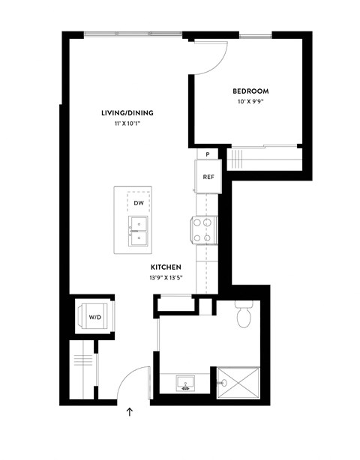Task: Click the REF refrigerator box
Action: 208,178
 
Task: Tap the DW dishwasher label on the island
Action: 139,203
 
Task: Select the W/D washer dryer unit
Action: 95,318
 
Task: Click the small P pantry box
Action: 208,154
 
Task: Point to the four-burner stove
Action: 205,230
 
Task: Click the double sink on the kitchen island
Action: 139,231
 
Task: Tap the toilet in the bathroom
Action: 242,315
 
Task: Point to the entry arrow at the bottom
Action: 130,411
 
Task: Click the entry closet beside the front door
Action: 84,370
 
